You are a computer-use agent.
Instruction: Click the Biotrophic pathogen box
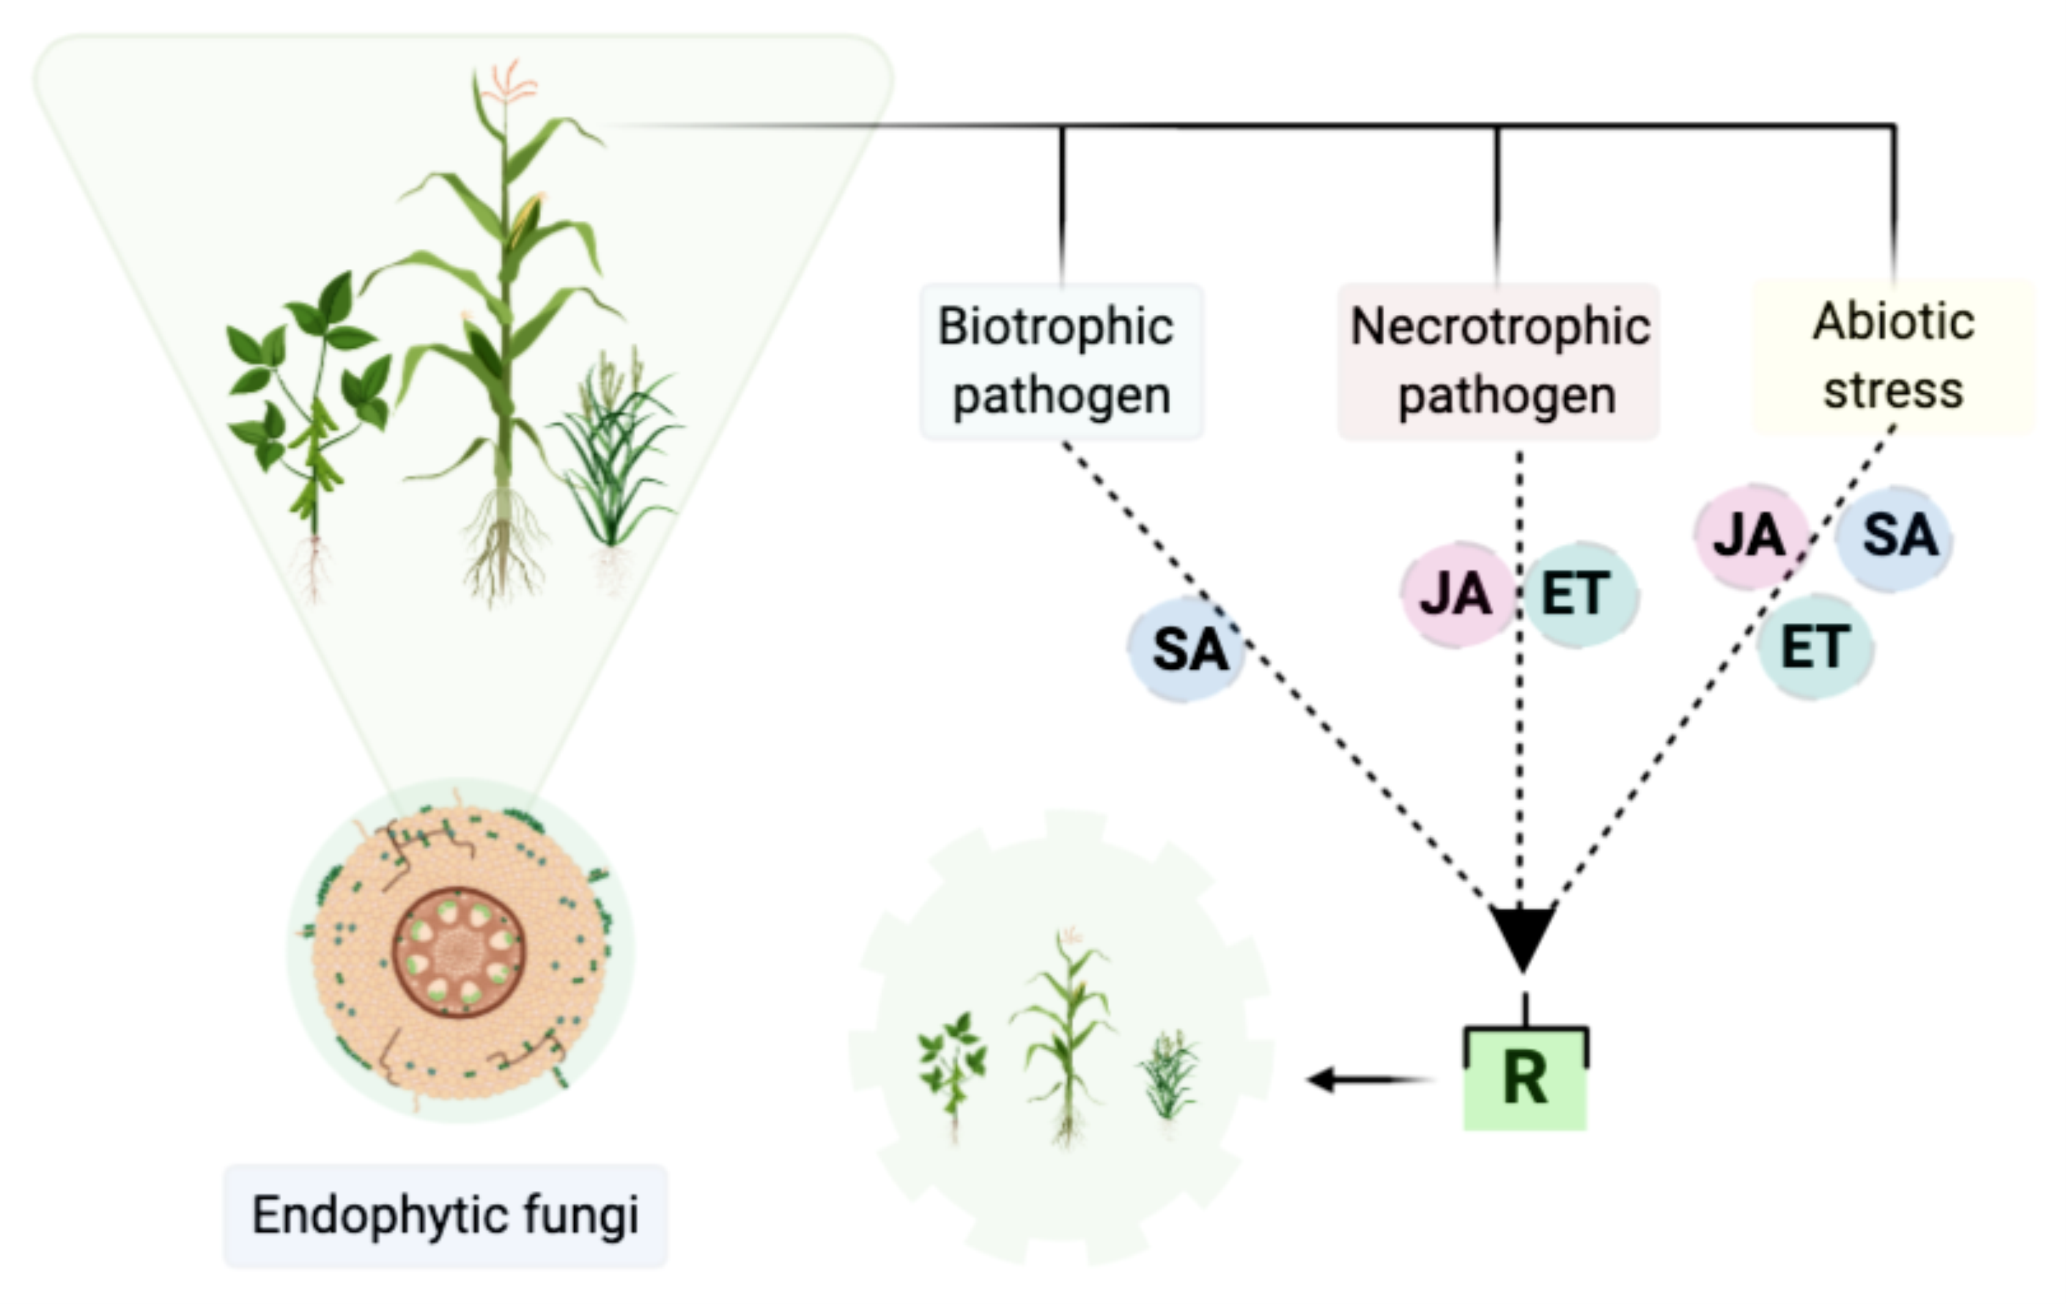click(x=1061, y=361)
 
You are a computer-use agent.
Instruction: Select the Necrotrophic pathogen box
click(x=1498, y=361)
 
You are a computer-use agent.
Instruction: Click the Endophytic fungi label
click(x=445, y=1215)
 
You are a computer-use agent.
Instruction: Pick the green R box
click(x=1525, y=1078)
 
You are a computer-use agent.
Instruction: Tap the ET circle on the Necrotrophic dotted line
click(x=1579, y=593)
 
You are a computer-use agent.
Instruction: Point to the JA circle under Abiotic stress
click(x=1751, y=536)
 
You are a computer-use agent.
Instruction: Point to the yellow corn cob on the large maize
click(x=525, y=219)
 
